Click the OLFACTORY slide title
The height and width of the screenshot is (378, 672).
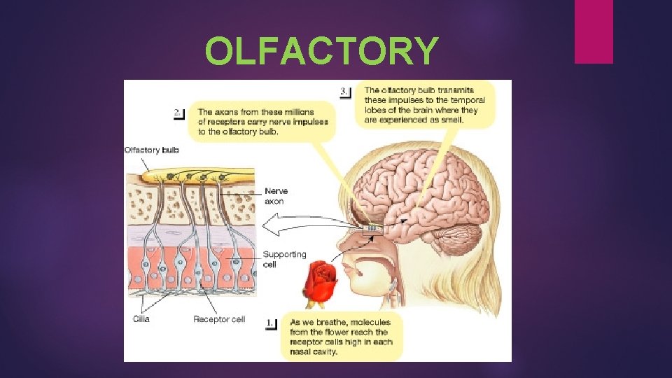322,51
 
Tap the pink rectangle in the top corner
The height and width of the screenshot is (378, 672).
594,31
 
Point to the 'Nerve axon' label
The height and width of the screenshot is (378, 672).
276,195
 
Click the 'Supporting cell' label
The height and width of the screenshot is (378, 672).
284,260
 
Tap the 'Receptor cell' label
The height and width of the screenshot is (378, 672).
219,319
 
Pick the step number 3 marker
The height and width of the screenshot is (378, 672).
345,92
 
